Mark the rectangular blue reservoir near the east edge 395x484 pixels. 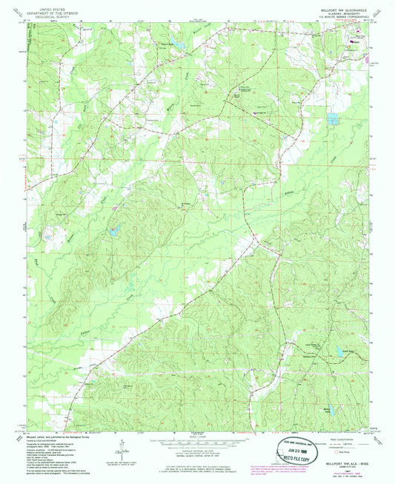pyautogui.click(x=333, y=118)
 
